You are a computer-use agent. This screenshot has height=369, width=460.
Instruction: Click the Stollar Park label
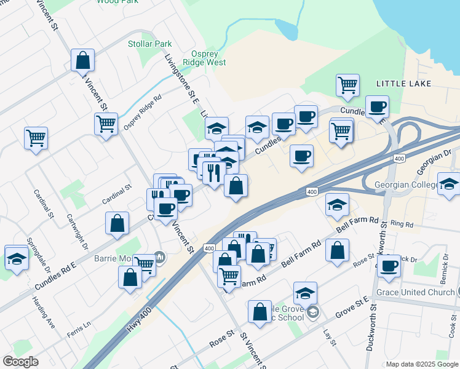pos(150,44)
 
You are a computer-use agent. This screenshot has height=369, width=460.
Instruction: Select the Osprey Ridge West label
pos(200,58)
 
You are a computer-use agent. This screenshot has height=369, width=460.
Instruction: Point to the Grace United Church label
pos(414,292)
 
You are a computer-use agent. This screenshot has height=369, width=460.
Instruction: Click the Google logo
pos(20,362)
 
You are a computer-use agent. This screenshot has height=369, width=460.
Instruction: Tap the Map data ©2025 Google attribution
pos(422,364)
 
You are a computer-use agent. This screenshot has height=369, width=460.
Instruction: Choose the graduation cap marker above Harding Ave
pos(17,257)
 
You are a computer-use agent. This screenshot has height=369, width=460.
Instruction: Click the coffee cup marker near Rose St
pos(389,265)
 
